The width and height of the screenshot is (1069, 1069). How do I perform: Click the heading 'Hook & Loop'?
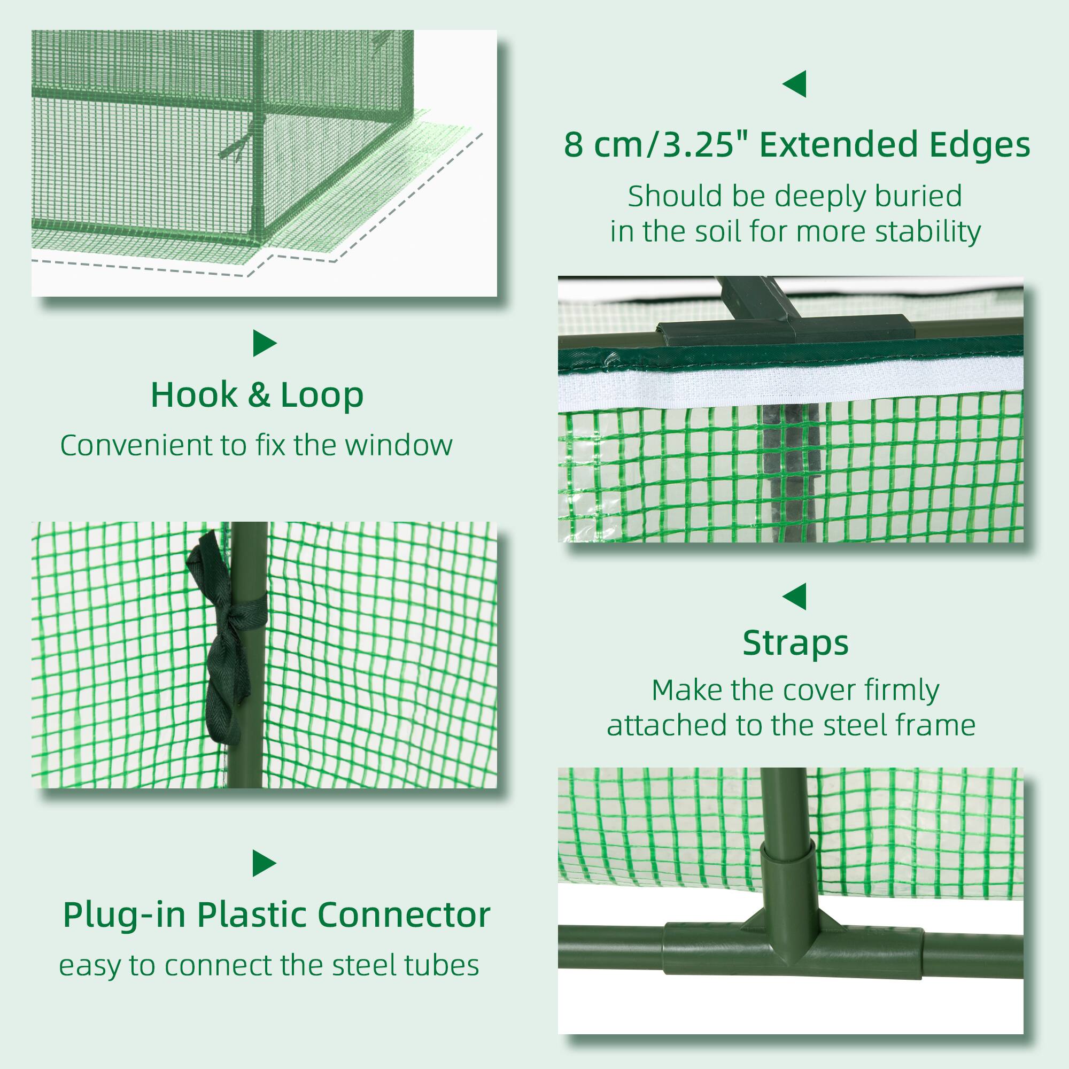pyautogui.click(x=257, y=395)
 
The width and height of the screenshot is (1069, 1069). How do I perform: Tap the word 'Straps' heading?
pyautogui.click(x=796, y=643)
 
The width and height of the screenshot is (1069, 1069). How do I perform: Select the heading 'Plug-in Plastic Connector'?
pyautogui.click(x=277, y=915)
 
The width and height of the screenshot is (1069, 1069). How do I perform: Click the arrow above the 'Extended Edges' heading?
pyautogui.click(x=795, y=84)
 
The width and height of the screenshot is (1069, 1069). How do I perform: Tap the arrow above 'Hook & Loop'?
pyautogui.click(x=264, y=343)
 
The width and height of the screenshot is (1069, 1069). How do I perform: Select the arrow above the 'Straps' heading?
pyautogui.click(x=795, y=597)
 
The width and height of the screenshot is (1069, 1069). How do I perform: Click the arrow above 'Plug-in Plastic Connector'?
pyautogui.click(x=264, y=863)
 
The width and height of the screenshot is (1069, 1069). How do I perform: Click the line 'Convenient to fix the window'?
pyautogui.click(x=256, y=445)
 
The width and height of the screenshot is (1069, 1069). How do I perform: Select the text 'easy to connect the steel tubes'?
pyautogui.click(x=269, y=965)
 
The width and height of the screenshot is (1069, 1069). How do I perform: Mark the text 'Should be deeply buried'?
pyautogui.click(x=795, y=196)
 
